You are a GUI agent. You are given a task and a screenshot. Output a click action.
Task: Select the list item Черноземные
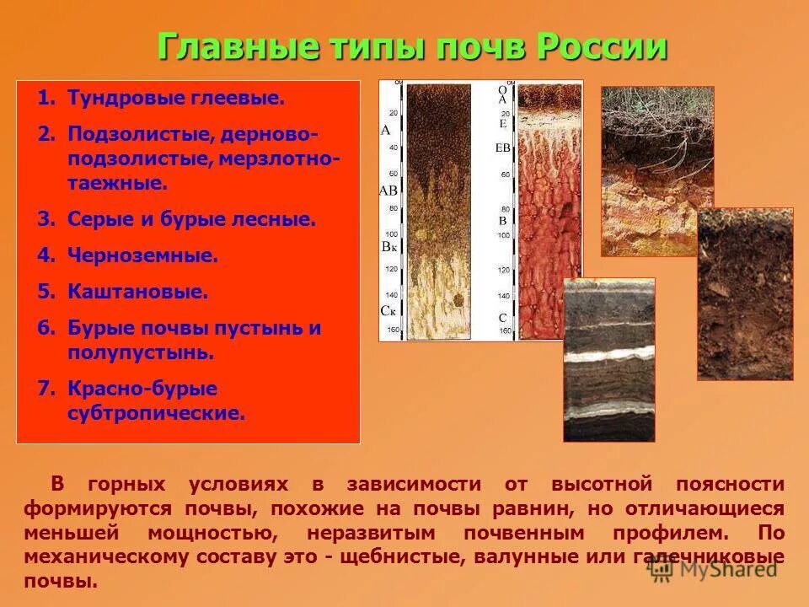(142, 255)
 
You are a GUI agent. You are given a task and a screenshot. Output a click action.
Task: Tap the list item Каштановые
(137, 292)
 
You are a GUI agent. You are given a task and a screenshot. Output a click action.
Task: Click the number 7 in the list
(44, 389)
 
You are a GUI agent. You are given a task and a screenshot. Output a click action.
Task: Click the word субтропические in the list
(156, 414)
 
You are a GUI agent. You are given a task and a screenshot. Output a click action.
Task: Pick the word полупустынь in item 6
(141, 352)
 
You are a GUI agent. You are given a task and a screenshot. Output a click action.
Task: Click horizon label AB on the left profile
(388, 191)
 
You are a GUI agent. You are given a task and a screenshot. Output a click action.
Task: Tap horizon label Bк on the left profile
(388, 247)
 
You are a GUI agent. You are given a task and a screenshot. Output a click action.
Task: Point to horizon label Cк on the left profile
(388, 311)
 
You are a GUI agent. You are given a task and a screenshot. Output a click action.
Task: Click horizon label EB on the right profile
(503, 148)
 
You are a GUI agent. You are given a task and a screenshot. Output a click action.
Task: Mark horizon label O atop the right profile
(502, 89)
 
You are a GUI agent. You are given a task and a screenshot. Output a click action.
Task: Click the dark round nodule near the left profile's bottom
(458, 299)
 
